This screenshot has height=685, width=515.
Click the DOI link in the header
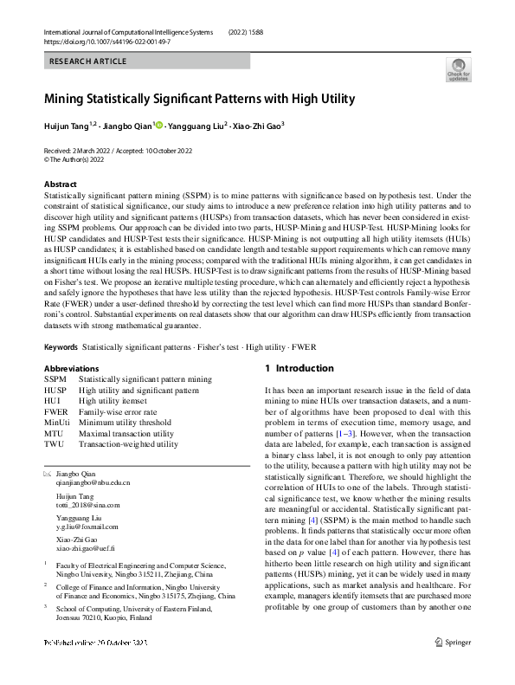(x=103, y=41)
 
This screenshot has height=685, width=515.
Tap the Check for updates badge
(x=458, y=69)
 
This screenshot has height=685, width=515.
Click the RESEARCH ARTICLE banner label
(x=88, y=61)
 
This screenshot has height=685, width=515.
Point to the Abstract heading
(x=60, y=184)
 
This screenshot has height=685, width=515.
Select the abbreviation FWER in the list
(x=55, y=412)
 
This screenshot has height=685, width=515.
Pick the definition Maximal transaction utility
(x=126, y=434)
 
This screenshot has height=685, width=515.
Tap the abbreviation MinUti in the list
(x=57, y=423)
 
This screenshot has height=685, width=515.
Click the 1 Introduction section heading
(x=299, y=369)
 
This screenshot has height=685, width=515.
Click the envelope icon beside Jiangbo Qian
(x=47, y=474)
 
